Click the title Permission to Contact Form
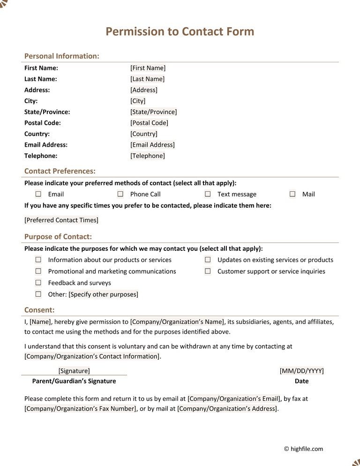pyautogui.click(x=180, y=31)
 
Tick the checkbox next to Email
pyautogui.click(x=38, y=194)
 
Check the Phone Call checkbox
pyautogui.click(x=120, y=194)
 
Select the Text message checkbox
pyautogui.click(x=208, y=194)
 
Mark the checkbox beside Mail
pyautogui.click(x=292, y=194)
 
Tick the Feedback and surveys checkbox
pyautogui.click(x=38, y=283)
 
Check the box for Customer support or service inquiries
pyautogui.click(x=208, y=271)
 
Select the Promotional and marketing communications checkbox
pyautogui.click(x=38, y=271)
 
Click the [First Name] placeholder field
pyautogui.click(x=148, y=68)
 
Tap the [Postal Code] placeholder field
pyautogui.click(x=149, y=123)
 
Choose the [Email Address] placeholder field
pyautogui.click(x=152, y=145)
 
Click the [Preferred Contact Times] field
pyautogui.click(x=61, y=220)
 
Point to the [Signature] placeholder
pyautogui.click(x=74, y=371)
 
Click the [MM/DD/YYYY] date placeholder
pyautogui.click(x=301, y=371)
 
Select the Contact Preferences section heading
pyautogui.click(x=60, y=171)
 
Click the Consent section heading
pyautogui.click(x=39, y=310)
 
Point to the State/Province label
pyautogui.click(x=47, y=112)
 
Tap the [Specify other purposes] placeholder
pyautogui.click(x=104, y=294)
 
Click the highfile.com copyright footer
pyautogui.click(x=303, y=449)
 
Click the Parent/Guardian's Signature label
pyautogui.click(x=74, y=381)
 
